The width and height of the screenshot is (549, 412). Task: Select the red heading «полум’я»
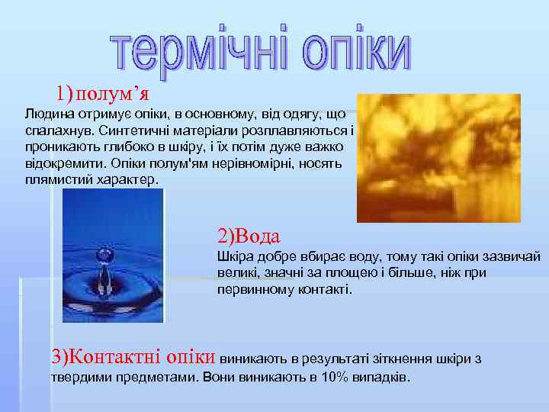[113, 94]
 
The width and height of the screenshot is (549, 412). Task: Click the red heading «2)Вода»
[249, 235]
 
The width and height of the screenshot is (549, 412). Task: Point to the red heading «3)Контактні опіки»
[133, 356]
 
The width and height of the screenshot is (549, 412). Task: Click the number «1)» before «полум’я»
[65, 94]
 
